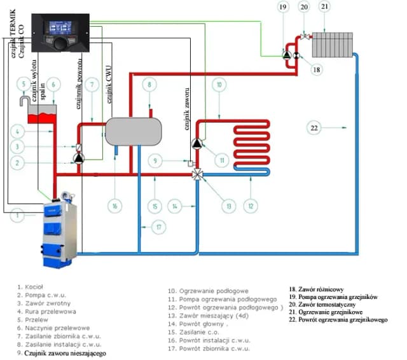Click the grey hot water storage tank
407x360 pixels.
(133, 131)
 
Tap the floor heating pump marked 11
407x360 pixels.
(197, 144)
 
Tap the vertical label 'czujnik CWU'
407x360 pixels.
(110, 89)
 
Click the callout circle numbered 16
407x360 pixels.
(114, 206)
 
